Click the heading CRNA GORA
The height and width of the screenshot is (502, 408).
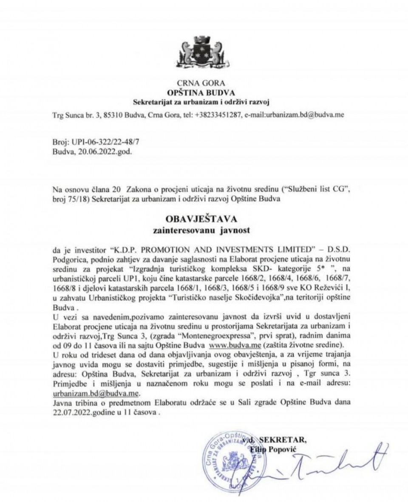[203, 83]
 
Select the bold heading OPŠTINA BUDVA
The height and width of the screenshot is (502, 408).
[203, 92]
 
